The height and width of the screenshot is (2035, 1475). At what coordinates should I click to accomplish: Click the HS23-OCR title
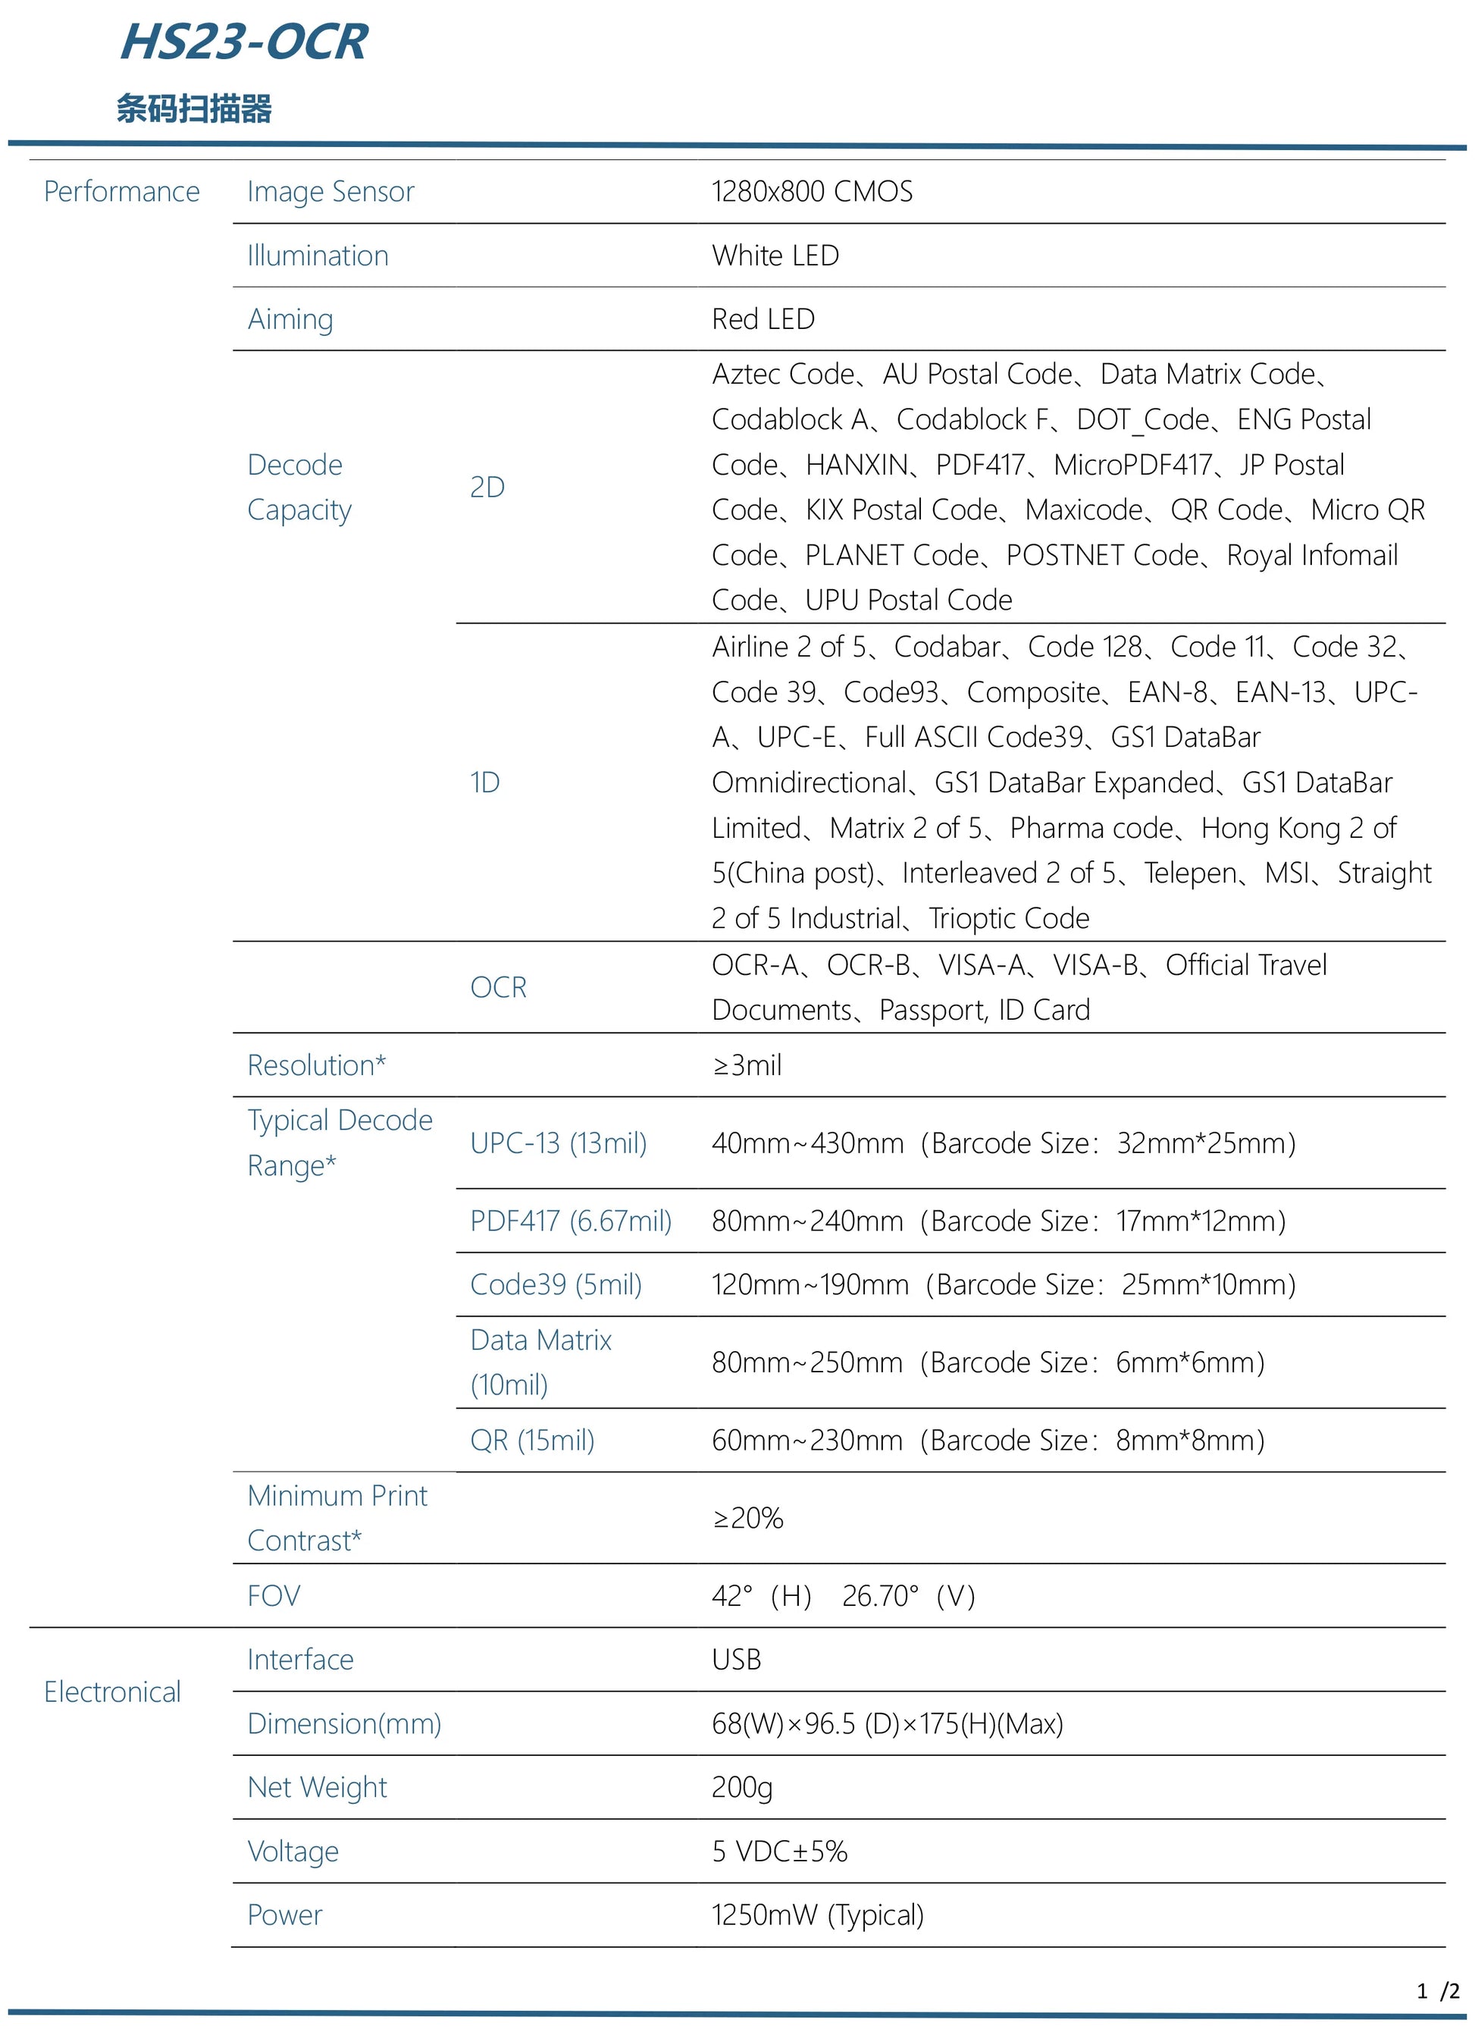[244, 42]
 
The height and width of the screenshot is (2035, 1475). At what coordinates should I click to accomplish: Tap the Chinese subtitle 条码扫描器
[194, 108]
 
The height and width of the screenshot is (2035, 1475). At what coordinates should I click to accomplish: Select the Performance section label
[121, 191]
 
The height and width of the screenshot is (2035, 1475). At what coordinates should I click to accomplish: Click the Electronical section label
[112, 1692]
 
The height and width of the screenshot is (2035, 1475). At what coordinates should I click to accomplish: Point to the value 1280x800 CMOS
[812, 191]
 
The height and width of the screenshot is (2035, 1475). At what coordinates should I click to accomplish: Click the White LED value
[775, 256]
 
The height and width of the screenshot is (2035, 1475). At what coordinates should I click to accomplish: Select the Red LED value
[763, 319]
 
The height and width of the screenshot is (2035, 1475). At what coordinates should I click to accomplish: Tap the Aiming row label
[290, 319]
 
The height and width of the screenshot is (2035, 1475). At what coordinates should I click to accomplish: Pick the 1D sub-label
[484, 782]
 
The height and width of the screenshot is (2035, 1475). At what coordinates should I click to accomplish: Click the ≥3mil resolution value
[747, 1065]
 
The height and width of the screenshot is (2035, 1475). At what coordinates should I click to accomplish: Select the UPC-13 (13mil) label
[558, 1143]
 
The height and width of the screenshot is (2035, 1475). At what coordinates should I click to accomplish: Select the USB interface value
[736, 1659]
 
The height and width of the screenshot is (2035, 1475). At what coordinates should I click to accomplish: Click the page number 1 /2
[1437, 1991]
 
